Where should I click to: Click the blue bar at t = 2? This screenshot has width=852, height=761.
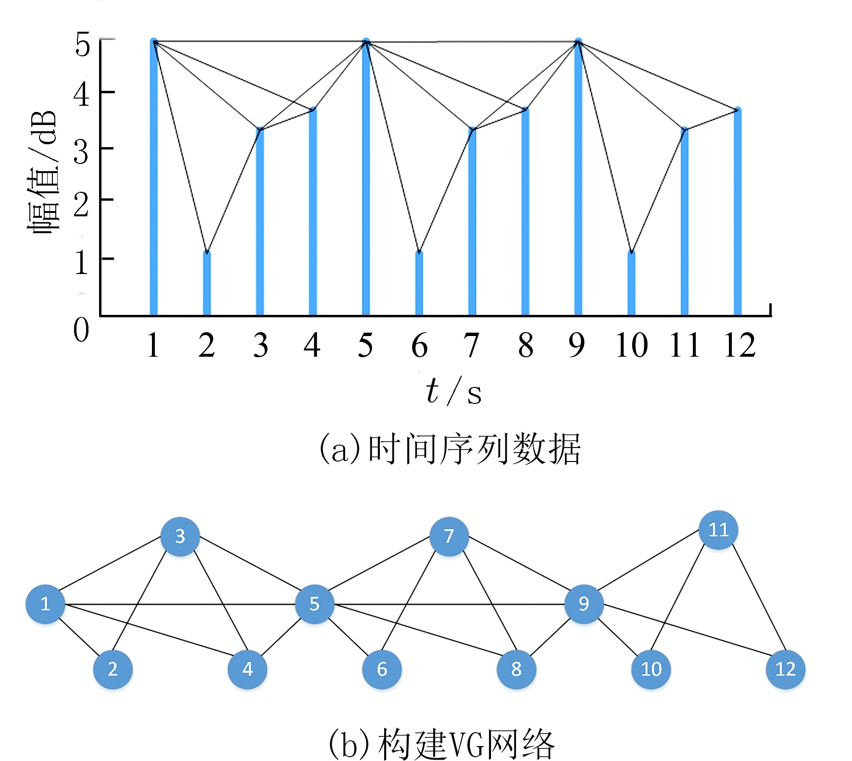(x=207, y=284)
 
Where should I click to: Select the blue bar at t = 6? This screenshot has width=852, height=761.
(x=419, y=284)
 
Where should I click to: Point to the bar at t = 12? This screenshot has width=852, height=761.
(x=738, y=212)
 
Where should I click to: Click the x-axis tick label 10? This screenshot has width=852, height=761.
(x=632, y=345)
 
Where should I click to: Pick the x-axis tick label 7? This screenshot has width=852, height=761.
(x=471, y=345)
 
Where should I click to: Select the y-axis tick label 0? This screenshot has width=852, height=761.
(x=81, y=330)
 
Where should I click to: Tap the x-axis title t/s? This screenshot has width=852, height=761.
(x=453, y=391)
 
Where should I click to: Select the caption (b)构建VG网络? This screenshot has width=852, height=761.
(x=441, y=743)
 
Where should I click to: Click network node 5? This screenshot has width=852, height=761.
(x=314, y=604)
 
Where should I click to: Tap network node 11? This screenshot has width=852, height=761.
(x=718, y=530)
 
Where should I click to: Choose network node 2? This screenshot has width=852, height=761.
(x=113, y=669)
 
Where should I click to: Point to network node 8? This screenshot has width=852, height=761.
(x=516, y=669)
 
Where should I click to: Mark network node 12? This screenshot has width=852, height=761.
(x=785, y=669)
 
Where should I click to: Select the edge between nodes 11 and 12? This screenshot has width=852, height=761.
(x=759, y=600)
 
